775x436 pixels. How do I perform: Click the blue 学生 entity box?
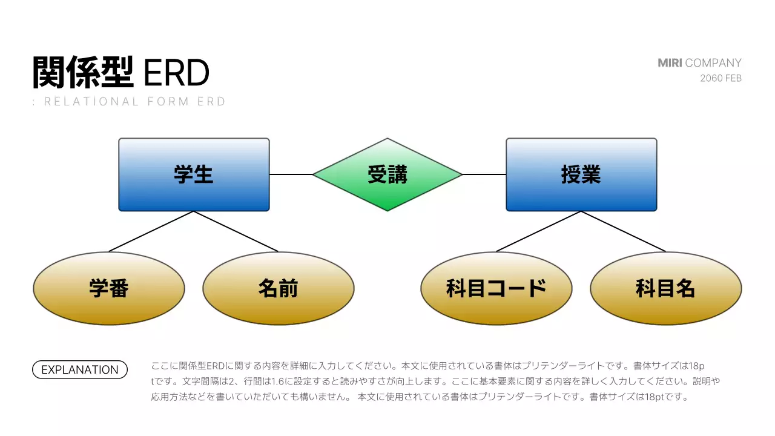(x=194, y=174)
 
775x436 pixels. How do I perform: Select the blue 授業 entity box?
(x=581, y=174)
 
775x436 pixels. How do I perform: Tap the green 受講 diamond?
(x=387, y=174)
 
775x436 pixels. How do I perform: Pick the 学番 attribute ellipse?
(x=109, y=288)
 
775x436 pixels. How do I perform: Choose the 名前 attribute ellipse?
(x=279, y=288)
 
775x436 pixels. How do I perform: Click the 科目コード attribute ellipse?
(x=496, y=288)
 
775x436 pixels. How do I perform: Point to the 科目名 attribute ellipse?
(x=666, y=288)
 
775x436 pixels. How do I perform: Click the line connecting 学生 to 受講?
(x=291, y=174)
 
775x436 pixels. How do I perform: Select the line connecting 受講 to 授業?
(x=484, y=174)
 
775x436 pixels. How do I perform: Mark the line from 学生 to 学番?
(x=151, y=231)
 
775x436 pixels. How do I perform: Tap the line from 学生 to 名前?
(x=236, y=231)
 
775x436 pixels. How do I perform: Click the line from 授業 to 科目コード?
(x=539, y=231)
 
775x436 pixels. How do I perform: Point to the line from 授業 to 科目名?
(x=624, y=231)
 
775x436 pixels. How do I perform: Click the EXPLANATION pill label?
(x=80, y=369)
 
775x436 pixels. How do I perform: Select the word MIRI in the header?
(x=670, y=63)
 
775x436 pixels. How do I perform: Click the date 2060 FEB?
(x=721, y=78)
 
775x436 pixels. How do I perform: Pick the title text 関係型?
(x=83, y=73)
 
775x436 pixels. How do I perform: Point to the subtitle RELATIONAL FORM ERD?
(x=134, y=102)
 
